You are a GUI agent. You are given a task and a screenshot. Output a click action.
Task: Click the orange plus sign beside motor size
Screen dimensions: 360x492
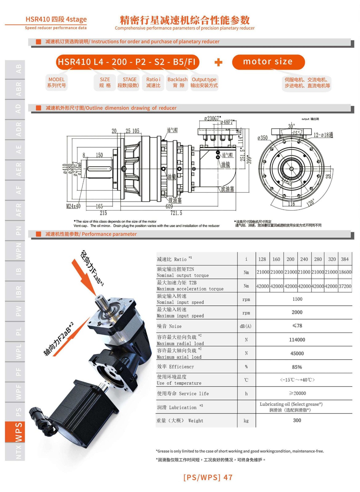[x=218, y=62]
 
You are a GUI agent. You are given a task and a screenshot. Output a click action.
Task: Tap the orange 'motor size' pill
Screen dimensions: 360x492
[x=268, y=62]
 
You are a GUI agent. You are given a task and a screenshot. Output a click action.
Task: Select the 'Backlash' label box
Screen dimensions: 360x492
[x=177, y=82]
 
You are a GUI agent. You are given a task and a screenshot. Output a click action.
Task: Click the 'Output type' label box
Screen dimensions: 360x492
[x=204, y=82]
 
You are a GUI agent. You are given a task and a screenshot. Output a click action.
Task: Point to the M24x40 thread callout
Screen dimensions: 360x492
[x=73, y=206]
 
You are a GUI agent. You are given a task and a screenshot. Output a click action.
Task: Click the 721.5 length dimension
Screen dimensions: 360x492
[x=176, y=213]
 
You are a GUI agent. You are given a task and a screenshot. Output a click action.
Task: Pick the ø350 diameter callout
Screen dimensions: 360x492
[x=263, y=138]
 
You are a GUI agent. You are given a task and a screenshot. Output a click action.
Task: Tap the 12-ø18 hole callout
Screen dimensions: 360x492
[x=323, y=135]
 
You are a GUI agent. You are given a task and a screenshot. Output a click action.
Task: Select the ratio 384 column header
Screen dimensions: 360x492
[x=345, y=259]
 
